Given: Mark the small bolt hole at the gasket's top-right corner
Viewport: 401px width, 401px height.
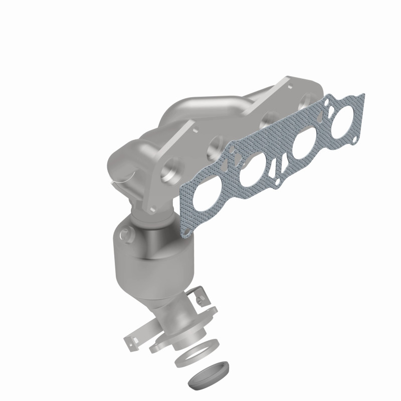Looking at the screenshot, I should (327, 102).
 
